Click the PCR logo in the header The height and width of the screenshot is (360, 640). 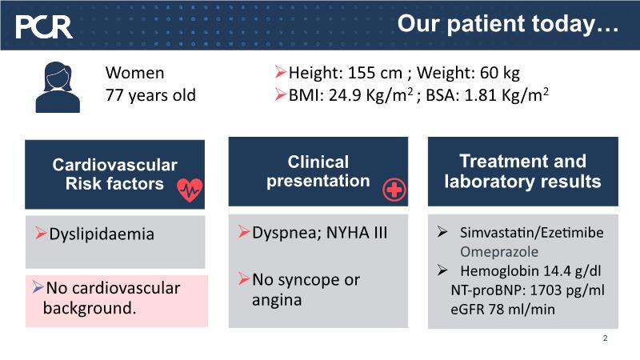(x=44, y=27)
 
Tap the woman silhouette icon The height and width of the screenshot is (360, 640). (x=58, y=87)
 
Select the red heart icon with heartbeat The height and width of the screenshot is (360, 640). (x=190, y=190)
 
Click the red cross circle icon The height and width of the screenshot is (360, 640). (x=394, y=190)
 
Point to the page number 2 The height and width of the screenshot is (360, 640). (x=605, y=338)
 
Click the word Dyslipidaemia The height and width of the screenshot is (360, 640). (x=102, y=234)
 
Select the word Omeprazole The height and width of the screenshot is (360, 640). (x=499, y=251)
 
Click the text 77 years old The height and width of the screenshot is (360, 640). (x=150, y=95)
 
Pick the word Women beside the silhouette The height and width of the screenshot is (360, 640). (x=134, y=73)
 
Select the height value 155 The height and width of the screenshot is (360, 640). (x=363, y=73)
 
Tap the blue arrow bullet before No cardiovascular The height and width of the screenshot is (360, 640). (x=38, y=287)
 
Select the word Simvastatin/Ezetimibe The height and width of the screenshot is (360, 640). (x=532, y=233)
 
